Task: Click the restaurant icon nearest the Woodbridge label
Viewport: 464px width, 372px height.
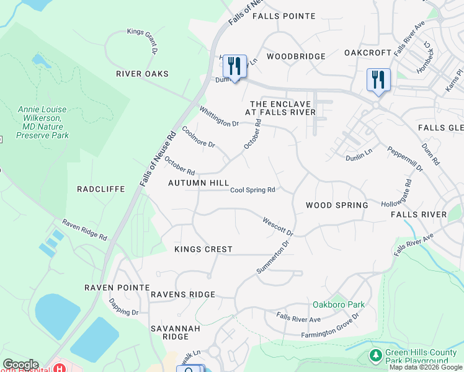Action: (x=234, y=65)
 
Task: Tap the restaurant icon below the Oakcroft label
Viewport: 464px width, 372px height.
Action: (x=378, y=80)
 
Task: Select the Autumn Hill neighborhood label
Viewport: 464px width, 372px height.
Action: (x=199, y=184)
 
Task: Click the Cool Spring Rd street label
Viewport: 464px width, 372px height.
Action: (x=252, y=190)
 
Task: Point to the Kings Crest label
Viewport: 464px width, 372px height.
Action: (x=203, y=249)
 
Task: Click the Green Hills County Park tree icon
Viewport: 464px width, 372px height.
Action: (x=375, y=355)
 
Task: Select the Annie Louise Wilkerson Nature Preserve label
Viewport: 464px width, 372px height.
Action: (x=43, y=122)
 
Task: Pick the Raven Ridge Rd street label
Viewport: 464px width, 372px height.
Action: (x=84, y=230)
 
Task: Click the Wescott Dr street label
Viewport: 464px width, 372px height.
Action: (x=277, y=226)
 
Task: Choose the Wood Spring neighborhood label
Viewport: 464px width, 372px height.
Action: (x=337, y=205)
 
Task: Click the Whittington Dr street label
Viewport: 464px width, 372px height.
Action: (x=218, y=116)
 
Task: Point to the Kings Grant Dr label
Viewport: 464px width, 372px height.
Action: (x=142, y=39)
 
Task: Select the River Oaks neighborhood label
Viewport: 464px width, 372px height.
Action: (x=142, y=74)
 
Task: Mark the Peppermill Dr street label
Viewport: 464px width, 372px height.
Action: (x=404, y=159)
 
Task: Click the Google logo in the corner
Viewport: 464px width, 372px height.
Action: (x=20, y=365)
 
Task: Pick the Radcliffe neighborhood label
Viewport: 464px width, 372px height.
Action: (x=100, y=188)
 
